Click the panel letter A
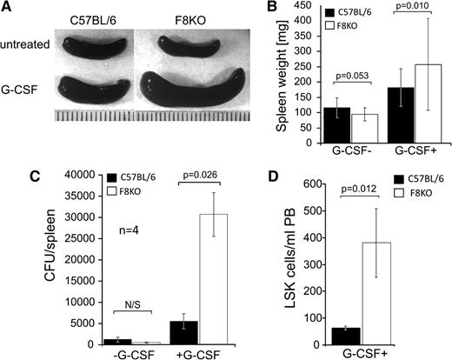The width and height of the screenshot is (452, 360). click(10, 10)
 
